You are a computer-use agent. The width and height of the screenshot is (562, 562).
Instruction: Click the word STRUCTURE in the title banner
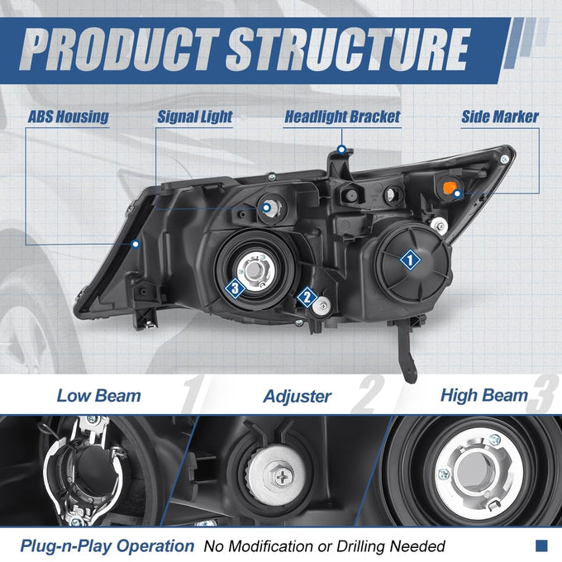pos(348,50)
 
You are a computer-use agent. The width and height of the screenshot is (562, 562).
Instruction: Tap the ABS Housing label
pos(68,117)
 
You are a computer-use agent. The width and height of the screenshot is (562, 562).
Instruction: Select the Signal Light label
pos(195,117)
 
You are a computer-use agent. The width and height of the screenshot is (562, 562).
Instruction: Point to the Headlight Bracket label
pos(342,117)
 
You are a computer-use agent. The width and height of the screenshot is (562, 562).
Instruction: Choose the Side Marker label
pos(500,117)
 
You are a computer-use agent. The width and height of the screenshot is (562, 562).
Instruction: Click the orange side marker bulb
pos(449,188)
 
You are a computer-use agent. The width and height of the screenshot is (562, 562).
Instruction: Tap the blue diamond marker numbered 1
pos(410,260)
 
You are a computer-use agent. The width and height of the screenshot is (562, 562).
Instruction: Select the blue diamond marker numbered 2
pos(307,298)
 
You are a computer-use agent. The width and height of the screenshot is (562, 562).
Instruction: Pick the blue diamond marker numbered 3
pos(235,288)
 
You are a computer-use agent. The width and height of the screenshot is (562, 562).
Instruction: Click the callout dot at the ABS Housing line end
pos(136,245)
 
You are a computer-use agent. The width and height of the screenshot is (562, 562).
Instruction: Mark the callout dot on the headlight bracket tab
pos(342,150)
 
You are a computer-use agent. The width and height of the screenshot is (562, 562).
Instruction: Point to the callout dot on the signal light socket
pos(266,207)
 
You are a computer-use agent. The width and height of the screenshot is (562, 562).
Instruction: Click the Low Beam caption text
pos(99,396)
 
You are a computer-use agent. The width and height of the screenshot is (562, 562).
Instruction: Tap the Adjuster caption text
pos(298,397)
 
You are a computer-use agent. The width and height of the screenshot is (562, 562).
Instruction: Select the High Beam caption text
pos(484,396)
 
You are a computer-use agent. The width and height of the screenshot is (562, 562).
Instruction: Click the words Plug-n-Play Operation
pos(107,546)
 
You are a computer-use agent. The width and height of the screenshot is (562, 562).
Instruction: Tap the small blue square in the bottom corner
pos(541,545)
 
